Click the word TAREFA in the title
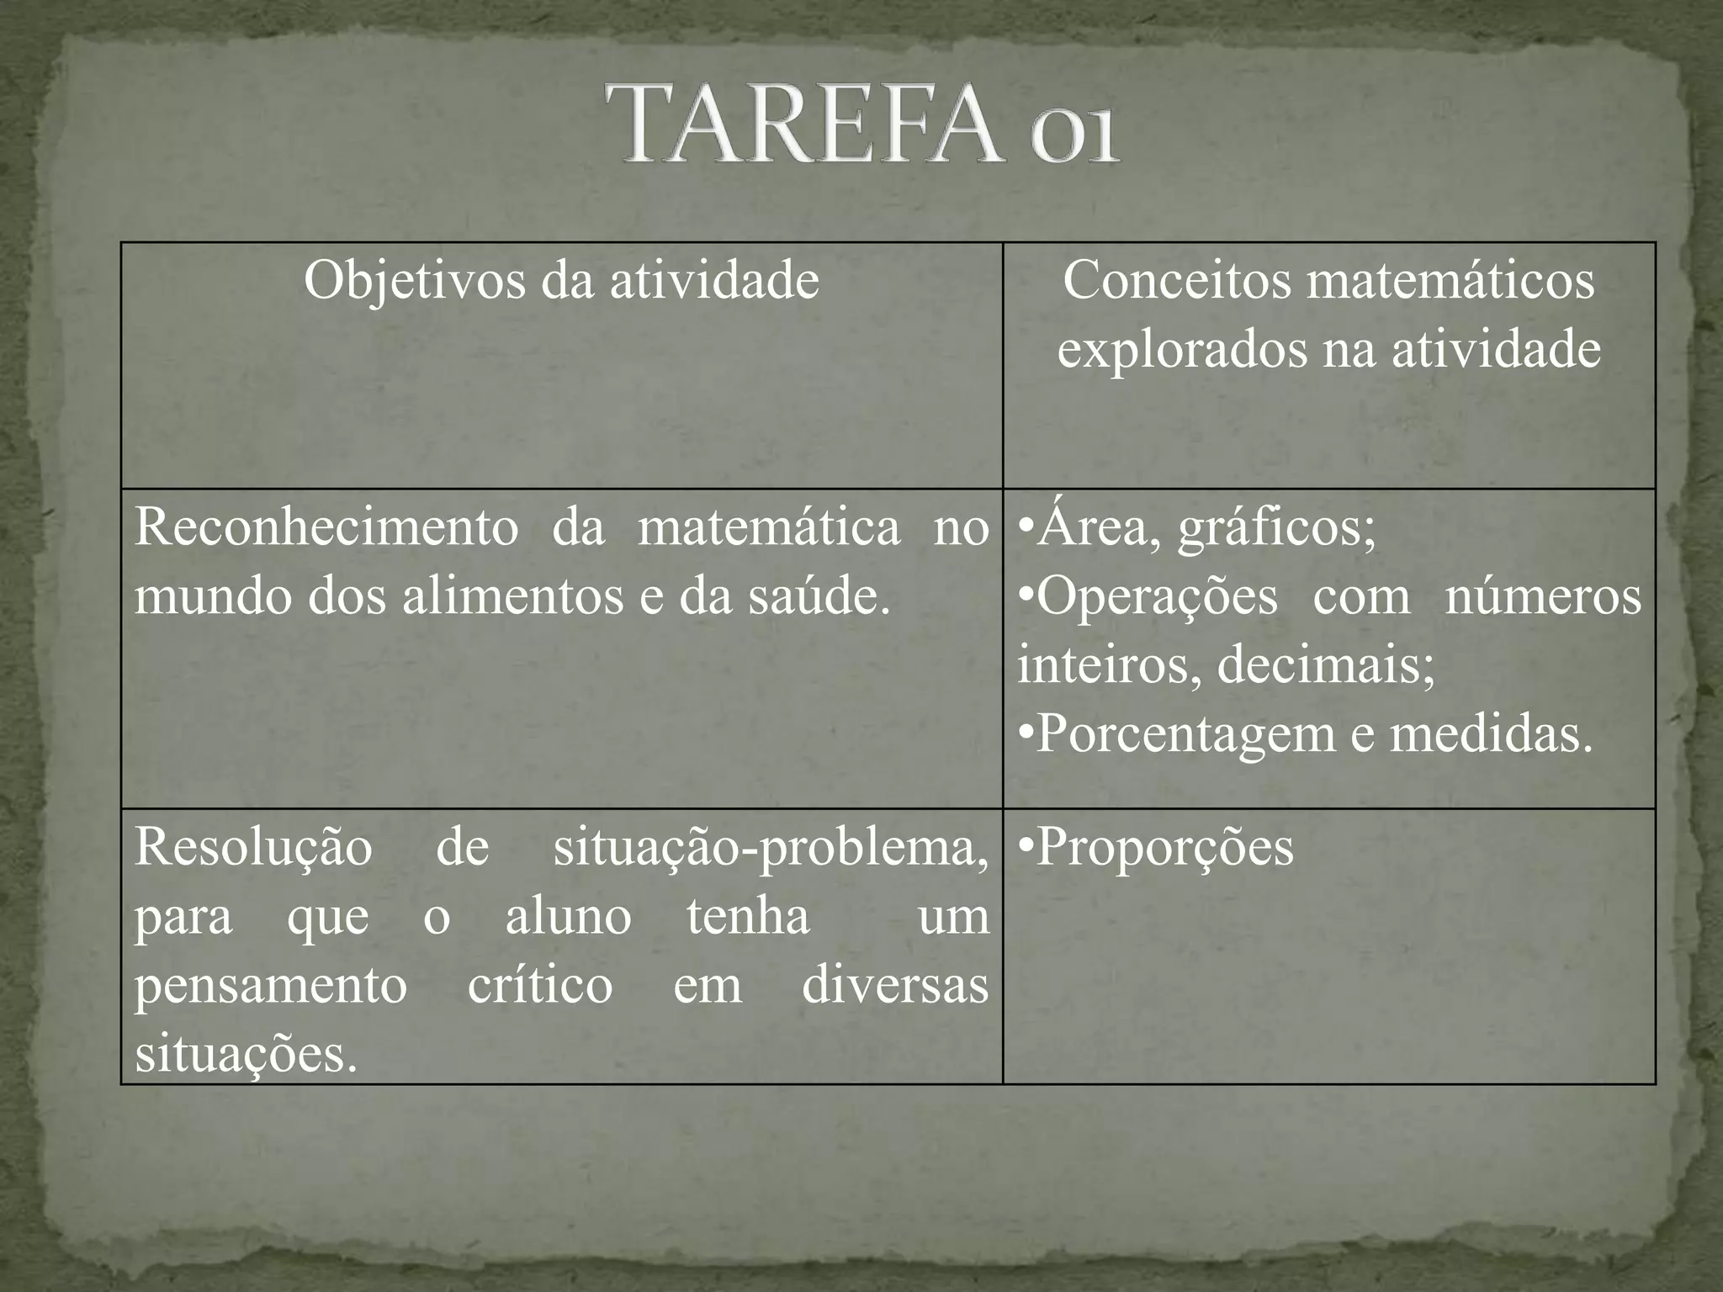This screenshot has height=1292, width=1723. [812, 124]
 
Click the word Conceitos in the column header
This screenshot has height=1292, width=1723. [1177, 280]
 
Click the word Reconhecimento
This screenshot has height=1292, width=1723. [326, 528]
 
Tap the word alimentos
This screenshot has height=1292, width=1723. [514, 596]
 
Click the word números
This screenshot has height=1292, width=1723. [1543, 596]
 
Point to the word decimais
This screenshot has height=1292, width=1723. [1326, 665]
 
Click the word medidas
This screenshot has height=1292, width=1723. [1491, 734]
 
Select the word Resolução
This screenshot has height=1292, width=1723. [253, 847]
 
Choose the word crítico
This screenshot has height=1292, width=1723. [540, 985]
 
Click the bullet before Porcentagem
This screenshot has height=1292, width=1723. [1026, 734]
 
